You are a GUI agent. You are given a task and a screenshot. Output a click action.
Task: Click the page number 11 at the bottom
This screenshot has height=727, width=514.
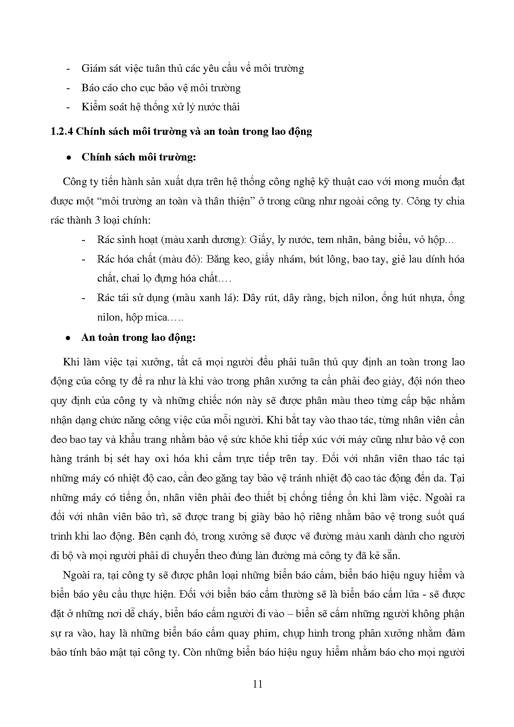[257, 684]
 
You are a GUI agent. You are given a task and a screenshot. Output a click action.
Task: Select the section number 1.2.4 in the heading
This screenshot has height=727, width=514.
[61, 132]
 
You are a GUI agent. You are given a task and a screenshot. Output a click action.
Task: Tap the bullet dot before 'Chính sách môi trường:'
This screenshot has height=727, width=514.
[69, 158]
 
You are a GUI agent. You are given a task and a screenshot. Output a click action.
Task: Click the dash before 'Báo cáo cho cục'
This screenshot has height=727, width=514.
[69, 88]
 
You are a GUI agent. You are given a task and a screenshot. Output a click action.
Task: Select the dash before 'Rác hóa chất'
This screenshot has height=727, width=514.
[84, 259]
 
